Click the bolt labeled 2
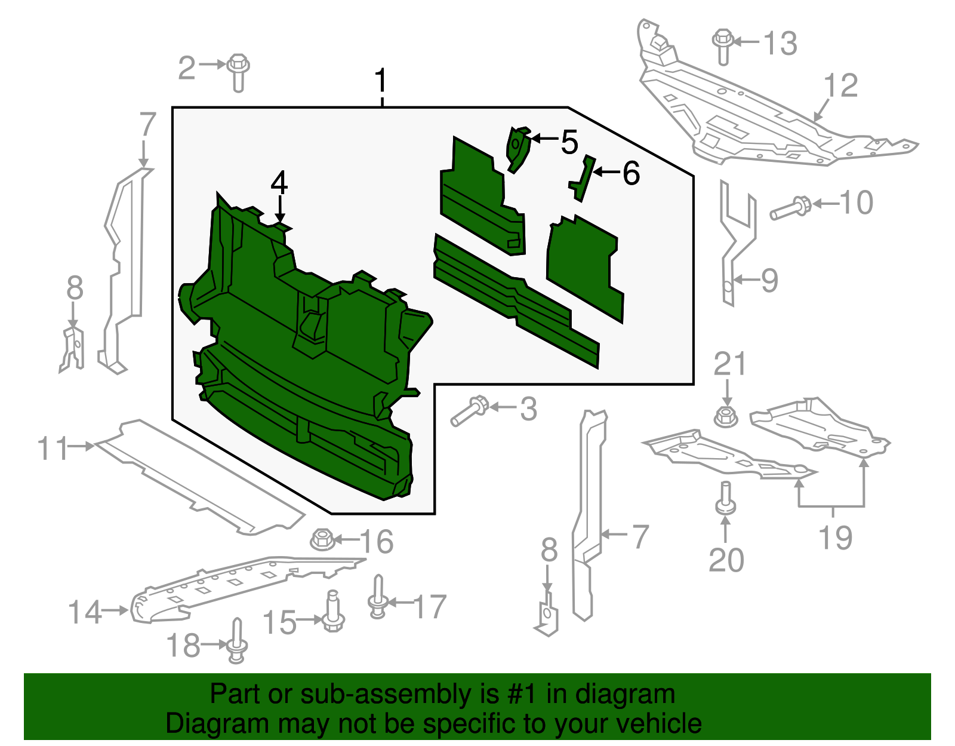click(239, 73)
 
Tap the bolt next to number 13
click(723, 47)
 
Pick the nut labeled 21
click(726, 416)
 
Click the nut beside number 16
click(322, 539)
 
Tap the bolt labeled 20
click(725, 498)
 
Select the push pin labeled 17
click(378, 597)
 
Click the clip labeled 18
click(237, 640)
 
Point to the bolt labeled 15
click(334, 611)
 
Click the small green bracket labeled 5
click(519, 149)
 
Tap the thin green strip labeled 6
click(583, 179)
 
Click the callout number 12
click(841, 85)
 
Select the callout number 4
click(279, 183)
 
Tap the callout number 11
click(53, 448)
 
